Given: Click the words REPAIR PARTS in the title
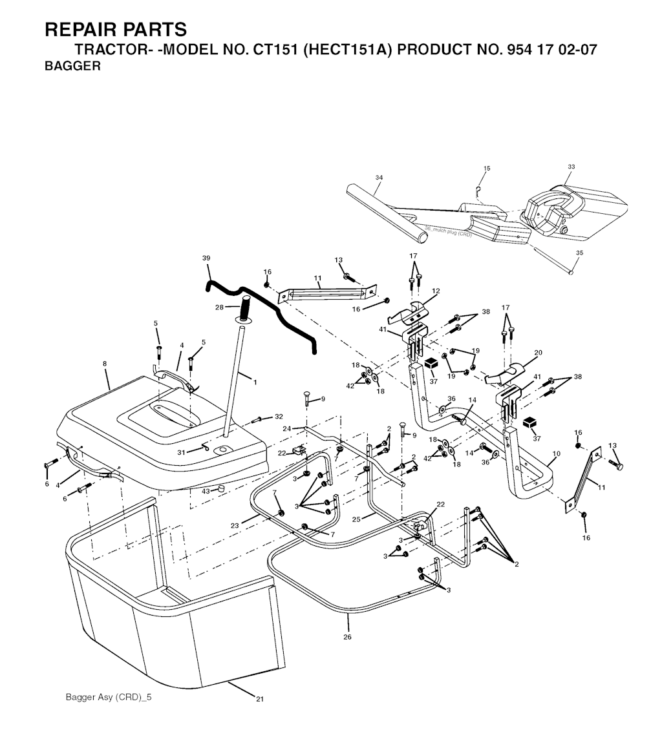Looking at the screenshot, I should [x=116, y=30].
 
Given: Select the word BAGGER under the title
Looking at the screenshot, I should [x=72, y=66].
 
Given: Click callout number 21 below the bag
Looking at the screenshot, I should [x=260, y=698].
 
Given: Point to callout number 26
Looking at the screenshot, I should [x=348, y=637].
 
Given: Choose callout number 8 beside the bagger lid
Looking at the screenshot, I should [x=105, y=364].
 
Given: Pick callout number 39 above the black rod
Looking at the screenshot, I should [x=206, y=258].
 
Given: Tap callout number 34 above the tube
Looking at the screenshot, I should [x=379, y=177].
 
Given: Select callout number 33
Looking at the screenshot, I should [x=571, y=167].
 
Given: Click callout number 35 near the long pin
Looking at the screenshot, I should [x=579, y=253].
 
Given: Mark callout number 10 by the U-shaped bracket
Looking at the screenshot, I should [x=557, y=455].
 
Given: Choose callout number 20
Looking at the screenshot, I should [x=538, y=352].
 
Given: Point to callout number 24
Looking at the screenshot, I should [x=286, y=428].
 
